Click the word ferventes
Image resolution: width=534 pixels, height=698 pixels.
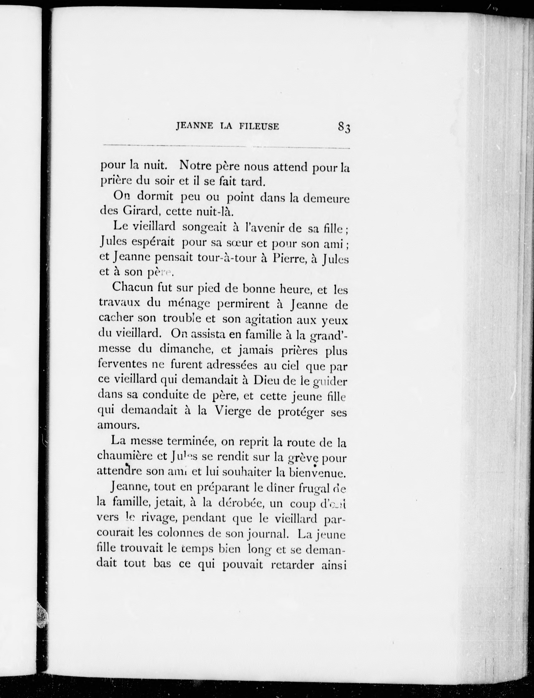[x=122, y=365]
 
